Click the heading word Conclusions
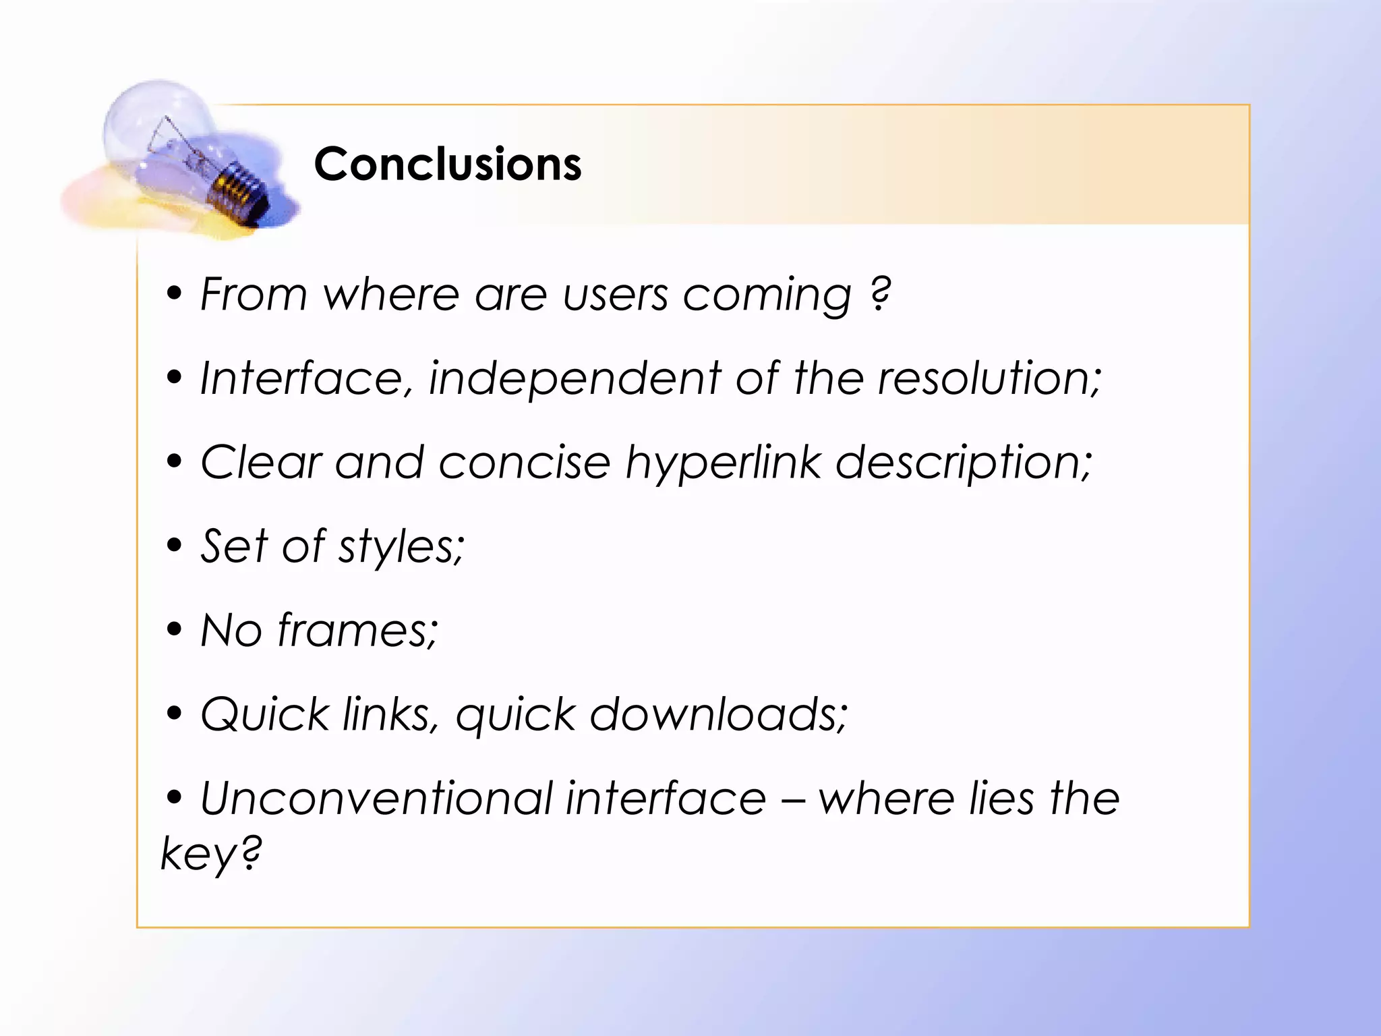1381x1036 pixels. point(448,164)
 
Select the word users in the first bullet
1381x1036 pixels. point(615,295)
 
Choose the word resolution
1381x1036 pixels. point(989,378)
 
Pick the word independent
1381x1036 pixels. point(575,380)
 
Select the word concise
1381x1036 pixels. point(525,463)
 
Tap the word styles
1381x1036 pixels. point(401,547)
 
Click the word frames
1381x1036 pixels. point(357,631)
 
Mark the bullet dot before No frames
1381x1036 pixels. point(175,629)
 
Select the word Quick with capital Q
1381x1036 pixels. point(264,715)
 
